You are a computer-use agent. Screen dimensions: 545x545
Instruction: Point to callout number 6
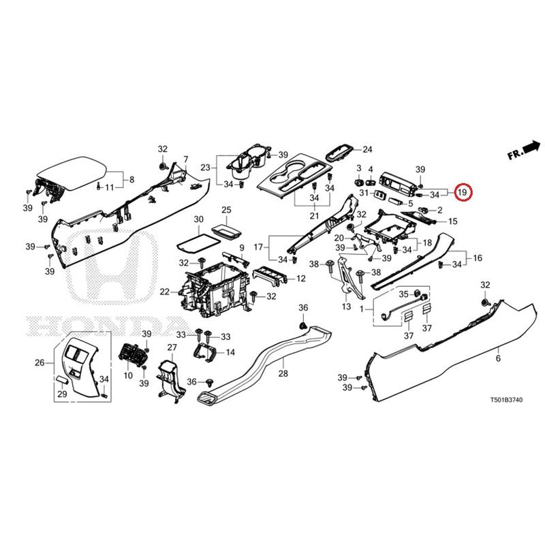497,358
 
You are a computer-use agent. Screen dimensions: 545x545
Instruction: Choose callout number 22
164,292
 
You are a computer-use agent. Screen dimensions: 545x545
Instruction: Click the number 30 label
198,219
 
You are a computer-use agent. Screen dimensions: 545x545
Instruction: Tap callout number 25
227,209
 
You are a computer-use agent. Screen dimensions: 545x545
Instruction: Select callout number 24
367,149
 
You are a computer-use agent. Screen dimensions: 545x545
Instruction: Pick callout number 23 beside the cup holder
204,167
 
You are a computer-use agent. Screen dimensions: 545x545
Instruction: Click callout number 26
39,362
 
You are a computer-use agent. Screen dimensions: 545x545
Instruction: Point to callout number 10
127,376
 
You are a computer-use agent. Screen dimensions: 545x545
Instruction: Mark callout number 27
172,348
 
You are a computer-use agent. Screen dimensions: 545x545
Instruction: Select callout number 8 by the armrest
131,180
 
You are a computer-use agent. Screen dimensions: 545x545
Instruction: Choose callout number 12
300,279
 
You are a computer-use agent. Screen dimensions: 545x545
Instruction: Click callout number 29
62,394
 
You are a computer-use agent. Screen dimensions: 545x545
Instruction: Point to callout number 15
452,221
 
